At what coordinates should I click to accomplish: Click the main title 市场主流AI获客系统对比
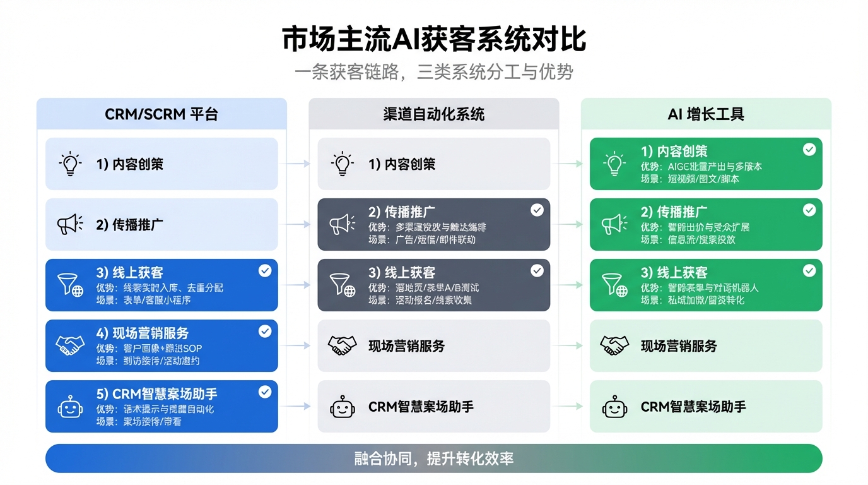[x=434, y=39]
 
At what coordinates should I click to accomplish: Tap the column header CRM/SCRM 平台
[x=161, y=114]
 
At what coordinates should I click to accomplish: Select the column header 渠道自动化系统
[x=434, y=114]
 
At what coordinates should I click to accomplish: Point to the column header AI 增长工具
[x=706, y=114]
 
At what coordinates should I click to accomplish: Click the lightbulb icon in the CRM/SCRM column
[x=70, y=164]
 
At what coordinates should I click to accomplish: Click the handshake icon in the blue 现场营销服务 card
[x=70, y=345]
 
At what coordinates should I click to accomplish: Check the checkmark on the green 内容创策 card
[x=809, y=150]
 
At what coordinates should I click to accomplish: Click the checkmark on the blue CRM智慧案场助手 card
[x=265, y=392]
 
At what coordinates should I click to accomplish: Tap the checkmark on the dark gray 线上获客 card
[x=537, y=271]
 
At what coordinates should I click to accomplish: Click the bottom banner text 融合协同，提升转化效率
[x=434, y=458]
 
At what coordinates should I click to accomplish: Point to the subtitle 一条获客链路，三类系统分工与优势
[x=434, y=72]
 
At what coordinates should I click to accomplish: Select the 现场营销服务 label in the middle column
[x=407, y=346]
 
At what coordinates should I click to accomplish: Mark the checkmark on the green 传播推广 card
[x=809, y=210]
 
